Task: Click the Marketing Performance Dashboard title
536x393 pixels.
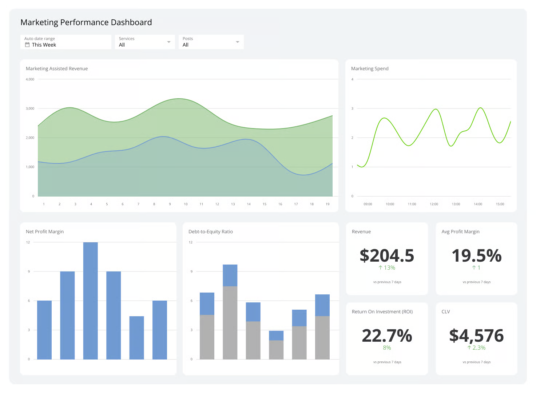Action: click(86, 22)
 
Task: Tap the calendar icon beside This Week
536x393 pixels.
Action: click(27, 45)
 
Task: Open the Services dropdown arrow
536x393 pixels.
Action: click(168, 42)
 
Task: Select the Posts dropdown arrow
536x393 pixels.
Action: click(237, 42)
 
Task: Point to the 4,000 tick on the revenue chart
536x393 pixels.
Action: click(30, 79)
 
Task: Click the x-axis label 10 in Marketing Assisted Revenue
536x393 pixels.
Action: click(186, 204)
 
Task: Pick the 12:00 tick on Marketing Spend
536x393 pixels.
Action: click(434, 204)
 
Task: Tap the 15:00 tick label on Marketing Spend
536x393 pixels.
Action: click(500, 204)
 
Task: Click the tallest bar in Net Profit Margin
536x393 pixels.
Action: click(90, 300)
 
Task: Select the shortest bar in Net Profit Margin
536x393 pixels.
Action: click(136, 338)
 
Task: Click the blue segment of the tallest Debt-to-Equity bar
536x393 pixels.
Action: click(230, 275)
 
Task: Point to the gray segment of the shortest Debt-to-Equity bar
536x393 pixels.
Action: click(276, 350)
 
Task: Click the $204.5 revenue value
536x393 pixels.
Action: click(387, 255)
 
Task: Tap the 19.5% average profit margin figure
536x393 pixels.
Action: click(476, 255)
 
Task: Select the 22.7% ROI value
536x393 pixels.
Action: click(387, 336)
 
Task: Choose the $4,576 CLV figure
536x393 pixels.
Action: click(476, 336)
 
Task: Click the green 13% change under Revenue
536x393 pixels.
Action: click(387, 268)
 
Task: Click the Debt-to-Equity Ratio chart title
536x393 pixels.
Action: click(210, 232)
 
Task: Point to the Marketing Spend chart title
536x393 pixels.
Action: click(370, 69)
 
